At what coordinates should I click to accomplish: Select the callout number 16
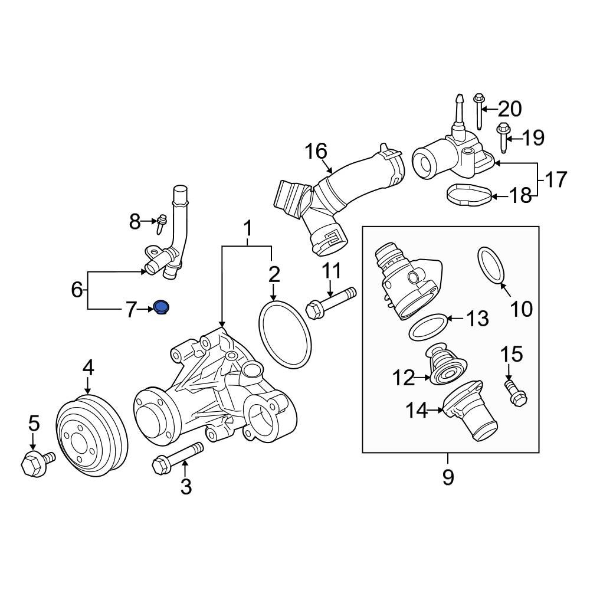(316, 152)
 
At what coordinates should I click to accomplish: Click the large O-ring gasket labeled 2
(285, 334)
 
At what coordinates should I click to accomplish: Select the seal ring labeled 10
(491, 264)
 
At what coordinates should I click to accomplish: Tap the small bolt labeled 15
(514, 392)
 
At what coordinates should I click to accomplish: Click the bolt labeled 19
(502, 137)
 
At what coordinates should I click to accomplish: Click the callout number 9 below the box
(448, 476)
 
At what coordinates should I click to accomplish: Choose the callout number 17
(555, 179)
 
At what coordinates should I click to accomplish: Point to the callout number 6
(77, 289)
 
